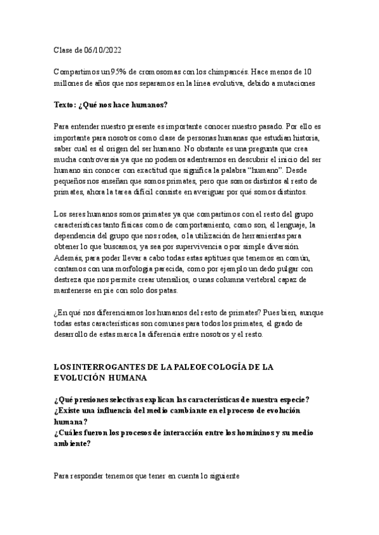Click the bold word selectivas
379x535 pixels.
(x=136, y=400)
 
